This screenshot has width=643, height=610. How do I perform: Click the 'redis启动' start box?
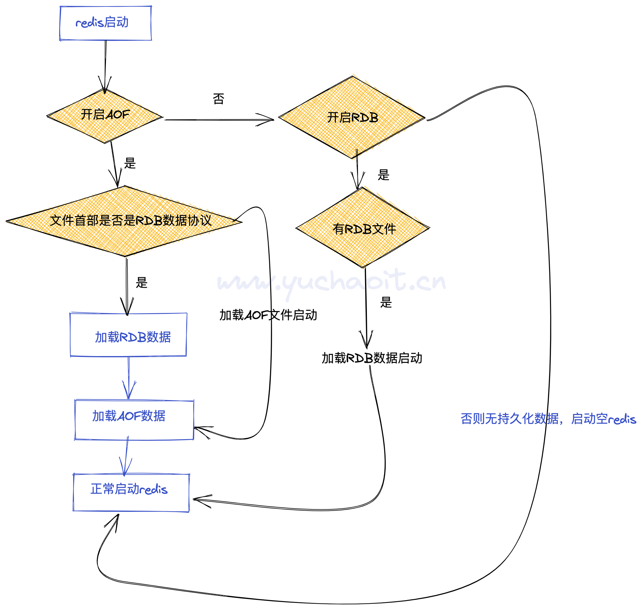pos(105,23)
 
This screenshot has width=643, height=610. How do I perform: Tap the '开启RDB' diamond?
pos(352,117)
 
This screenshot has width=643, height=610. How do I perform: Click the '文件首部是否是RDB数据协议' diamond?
pos(125,221)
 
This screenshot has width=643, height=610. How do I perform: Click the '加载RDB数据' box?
pos(128,335)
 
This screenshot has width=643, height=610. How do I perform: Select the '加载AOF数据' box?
pos(134,420)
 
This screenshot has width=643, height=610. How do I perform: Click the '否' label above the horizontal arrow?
pos(219,99)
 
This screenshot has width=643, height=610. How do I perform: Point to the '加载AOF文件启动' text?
pos(268,315)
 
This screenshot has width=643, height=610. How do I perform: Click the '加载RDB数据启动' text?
pos(372,358)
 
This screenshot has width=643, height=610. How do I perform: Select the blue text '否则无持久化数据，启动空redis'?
pos(548,419)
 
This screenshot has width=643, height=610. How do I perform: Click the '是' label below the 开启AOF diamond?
pos(130,163)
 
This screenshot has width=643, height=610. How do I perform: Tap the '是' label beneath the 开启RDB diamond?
pos(384,175)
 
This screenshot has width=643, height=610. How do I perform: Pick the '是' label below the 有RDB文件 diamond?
pos(386,303)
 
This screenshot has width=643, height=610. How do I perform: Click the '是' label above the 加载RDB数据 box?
pos(142,283)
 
